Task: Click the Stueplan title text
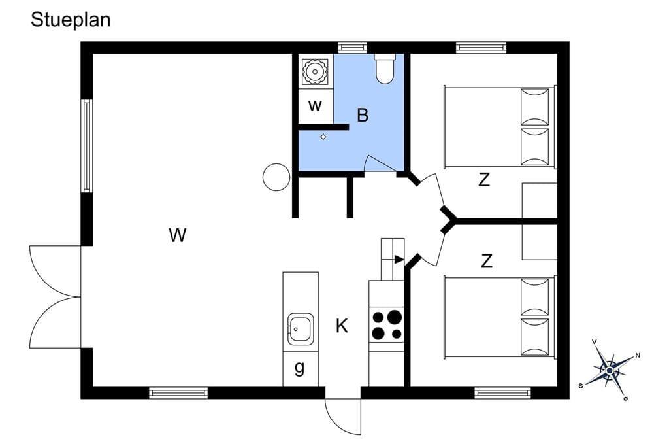pyautogui.click(x=71, y=20)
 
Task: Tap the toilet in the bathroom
pyautogui.click(x=385, y=69)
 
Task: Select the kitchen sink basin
pyautogui.click(x=301, y=329)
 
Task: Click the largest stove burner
pyautogui.click(x=395, y=317)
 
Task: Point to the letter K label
pyautogui.click(x=342, y=326)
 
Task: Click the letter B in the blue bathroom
pyautogui.click(x=363, y=115)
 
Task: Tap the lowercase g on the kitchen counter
pyautogui.click(x=300, y=368)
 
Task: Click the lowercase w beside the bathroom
pyautogui.click(x=315, y=105)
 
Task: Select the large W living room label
pyautogui.click(x=178, y=235)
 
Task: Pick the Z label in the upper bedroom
pyautogui.click(x=484, y=180)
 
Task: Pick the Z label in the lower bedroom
pyautogui.click(x=486, y=260)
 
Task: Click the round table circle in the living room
pyautogui.click(x=276, y=177)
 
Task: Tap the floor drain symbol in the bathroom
pyautogui.click(x=323, y=137)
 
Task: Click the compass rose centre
pyautogui.click(x=610, y=370)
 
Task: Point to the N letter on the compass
pyautogui.click(x=638, y=356)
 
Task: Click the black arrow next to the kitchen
pyautogui.click(x=399, y=260)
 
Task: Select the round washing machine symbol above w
pyautogui.click(x=315, y=71)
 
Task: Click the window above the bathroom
pyautogui.click(x=353, y=47)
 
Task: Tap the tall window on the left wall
pyautogui.click(x=87, y=146)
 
